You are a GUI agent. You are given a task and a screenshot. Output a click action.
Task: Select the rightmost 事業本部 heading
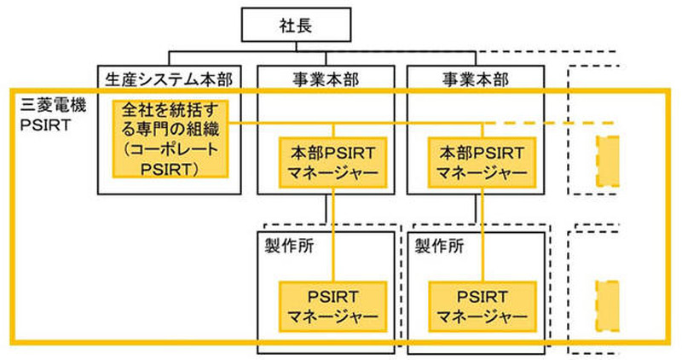[475, 79]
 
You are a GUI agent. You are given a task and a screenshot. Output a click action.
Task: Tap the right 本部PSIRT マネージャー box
[476, 160]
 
